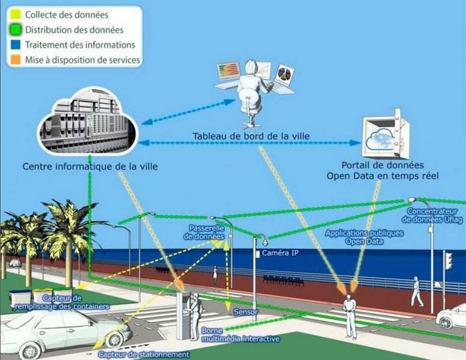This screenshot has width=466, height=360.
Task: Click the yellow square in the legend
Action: point(16,14)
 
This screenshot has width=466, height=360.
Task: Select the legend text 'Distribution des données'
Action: point(74,29)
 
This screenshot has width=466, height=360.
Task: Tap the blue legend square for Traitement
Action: point(16,44)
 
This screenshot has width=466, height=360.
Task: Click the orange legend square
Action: point(16,59)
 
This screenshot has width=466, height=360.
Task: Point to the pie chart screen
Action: point(284,75)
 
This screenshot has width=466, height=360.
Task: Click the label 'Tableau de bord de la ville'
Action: point(251,136)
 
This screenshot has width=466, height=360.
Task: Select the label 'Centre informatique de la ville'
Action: point(90,166)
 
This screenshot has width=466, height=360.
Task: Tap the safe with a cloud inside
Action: point(385,134)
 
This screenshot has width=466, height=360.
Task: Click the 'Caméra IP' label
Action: point(280,253)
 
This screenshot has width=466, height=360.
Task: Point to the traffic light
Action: point(448,261)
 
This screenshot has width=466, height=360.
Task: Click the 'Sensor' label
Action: point(245,312)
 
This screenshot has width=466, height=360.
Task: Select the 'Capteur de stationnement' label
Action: point(144,354)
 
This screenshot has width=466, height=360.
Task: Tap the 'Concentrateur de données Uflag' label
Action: point(432,215)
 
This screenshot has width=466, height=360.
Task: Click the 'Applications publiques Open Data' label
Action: point(364,237)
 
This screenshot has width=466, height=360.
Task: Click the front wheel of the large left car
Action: point(114,340)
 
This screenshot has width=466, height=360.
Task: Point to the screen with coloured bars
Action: point(229,72)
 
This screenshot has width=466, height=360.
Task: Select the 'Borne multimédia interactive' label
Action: point(241,334)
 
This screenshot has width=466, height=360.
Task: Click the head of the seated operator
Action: point(251,67)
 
